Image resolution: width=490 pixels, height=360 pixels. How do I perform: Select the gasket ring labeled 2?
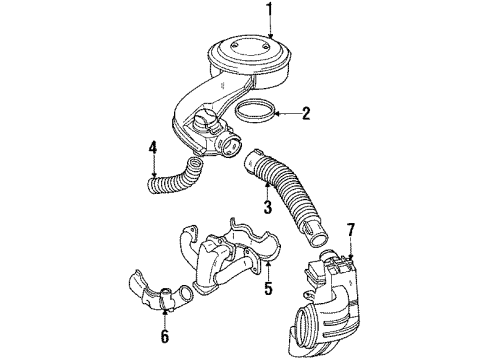point(256,112)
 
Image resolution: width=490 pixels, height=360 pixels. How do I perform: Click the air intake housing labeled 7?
point(335,290)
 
